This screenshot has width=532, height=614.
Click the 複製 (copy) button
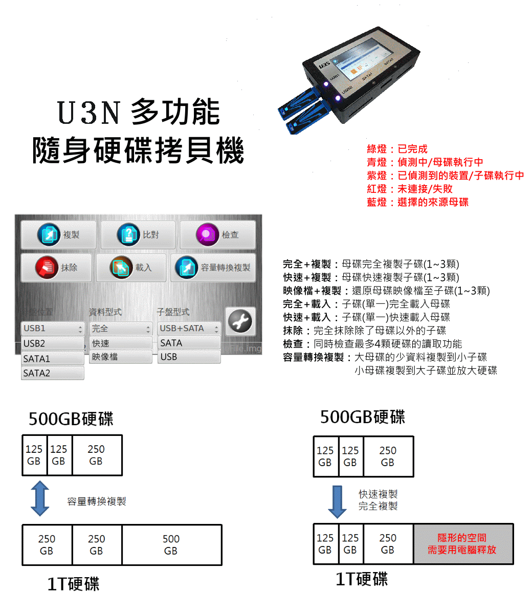[x=59, y=235]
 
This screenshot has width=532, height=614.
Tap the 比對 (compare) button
[x=138, y=235]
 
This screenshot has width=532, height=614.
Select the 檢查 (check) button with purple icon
[x=217, y=235]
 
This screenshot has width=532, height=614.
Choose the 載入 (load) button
[x=131, y=268]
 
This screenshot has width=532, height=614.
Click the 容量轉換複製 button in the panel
[x=213, y=268]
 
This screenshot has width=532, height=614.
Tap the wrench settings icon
[x=240, y=322]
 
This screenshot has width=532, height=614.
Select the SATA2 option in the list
[x=53, y=373]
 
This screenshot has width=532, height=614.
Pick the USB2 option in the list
[x=53, y=343]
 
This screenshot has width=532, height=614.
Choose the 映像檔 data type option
[x=121, y=357]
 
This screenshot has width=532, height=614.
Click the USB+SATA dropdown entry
[x=188, y=328]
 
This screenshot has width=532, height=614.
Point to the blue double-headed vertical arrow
[x=40, y=498]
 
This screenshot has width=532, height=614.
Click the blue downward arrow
[x=337, y=501]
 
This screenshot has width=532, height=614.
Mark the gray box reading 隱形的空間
[x=462, y=544]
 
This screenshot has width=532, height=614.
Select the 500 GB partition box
[x=171, y=545]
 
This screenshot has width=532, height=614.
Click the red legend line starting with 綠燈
[x=397, y=149]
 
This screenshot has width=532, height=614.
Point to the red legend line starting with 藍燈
[x=417, y=202]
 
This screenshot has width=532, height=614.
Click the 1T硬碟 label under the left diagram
[x=73, y=584]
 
